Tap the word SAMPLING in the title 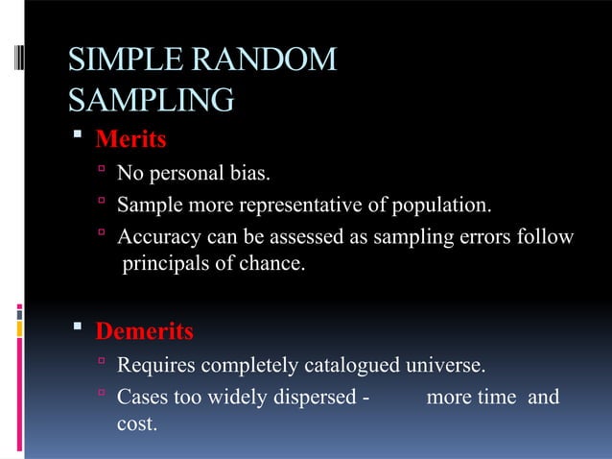pyautogui.click(x=151, y=99)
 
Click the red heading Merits pyautogui.click(x=130, y=140)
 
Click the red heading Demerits pyautogui.click(x=144, y=332)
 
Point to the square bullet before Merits pyautogui.click(x=82, y=140)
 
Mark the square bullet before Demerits pyautogui.click(x=82, y=332)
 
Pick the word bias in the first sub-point pyautogui.click(x=250, y=174)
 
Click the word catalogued pyautogui.click(x=352, y=365)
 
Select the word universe pyautogui.click(x=448, y=365)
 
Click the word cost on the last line pyautogui.click(x=136, y=423)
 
